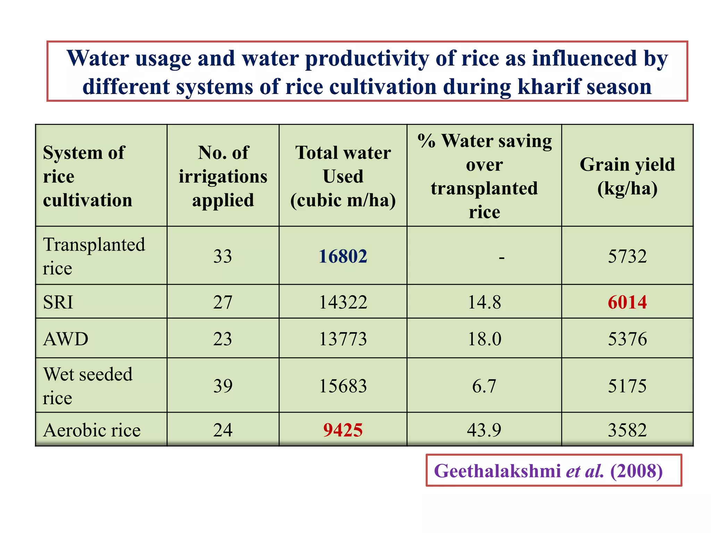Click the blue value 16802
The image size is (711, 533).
pos(343,256)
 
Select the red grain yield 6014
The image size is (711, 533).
pos(627,302)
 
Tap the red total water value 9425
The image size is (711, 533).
pos(343,430)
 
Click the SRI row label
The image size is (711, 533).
pos(58,302)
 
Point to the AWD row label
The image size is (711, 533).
pos(66,339)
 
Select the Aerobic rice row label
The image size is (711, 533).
pos(92,430)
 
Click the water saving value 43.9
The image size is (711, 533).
pos(484,430)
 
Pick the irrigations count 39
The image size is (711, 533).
pos(223,386)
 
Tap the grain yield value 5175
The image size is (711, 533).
pos(627,386)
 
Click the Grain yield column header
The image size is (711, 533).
pos(627,176)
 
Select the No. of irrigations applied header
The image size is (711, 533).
pos(223,176)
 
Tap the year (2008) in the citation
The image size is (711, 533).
pos(636,471)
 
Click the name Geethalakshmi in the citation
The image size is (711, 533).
pos(497,471)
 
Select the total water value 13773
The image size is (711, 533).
pos(343,339)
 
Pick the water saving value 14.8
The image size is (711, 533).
pos(484,302)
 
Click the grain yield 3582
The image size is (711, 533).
pos(627,430)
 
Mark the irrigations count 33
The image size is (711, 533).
pos(223,256)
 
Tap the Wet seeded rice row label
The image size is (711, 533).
pos(87,386)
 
